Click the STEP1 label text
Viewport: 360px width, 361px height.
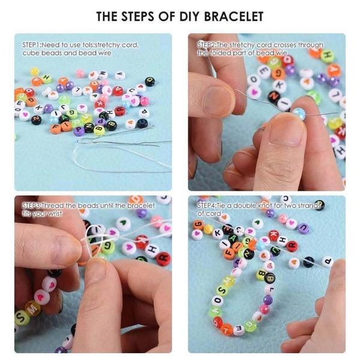click(x=31, y=45)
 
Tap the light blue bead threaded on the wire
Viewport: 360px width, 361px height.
click(x=299, y=113)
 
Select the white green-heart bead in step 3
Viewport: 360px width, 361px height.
click(x=124, y=224)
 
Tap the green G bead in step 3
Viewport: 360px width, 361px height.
click(x=108, y=247)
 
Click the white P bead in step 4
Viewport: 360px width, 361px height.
click(x=328, y=261)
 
